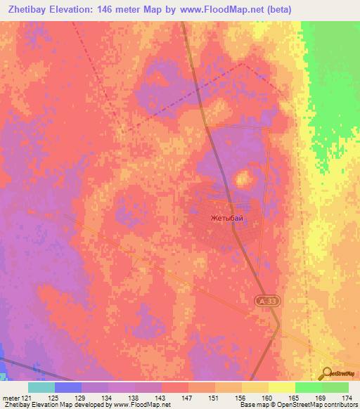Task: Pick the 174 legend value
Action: (347, 398)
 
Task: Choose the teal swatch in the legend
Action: (41, 387)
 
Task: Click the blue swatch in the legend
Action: (68, 387)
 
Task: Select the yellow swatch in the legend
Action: (281, 387)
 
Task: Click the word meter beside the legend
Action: (11, 398)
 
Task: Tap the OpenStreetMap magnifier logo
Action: (327, 373)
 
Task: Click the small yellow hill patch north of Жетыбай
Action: (243, 178)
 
